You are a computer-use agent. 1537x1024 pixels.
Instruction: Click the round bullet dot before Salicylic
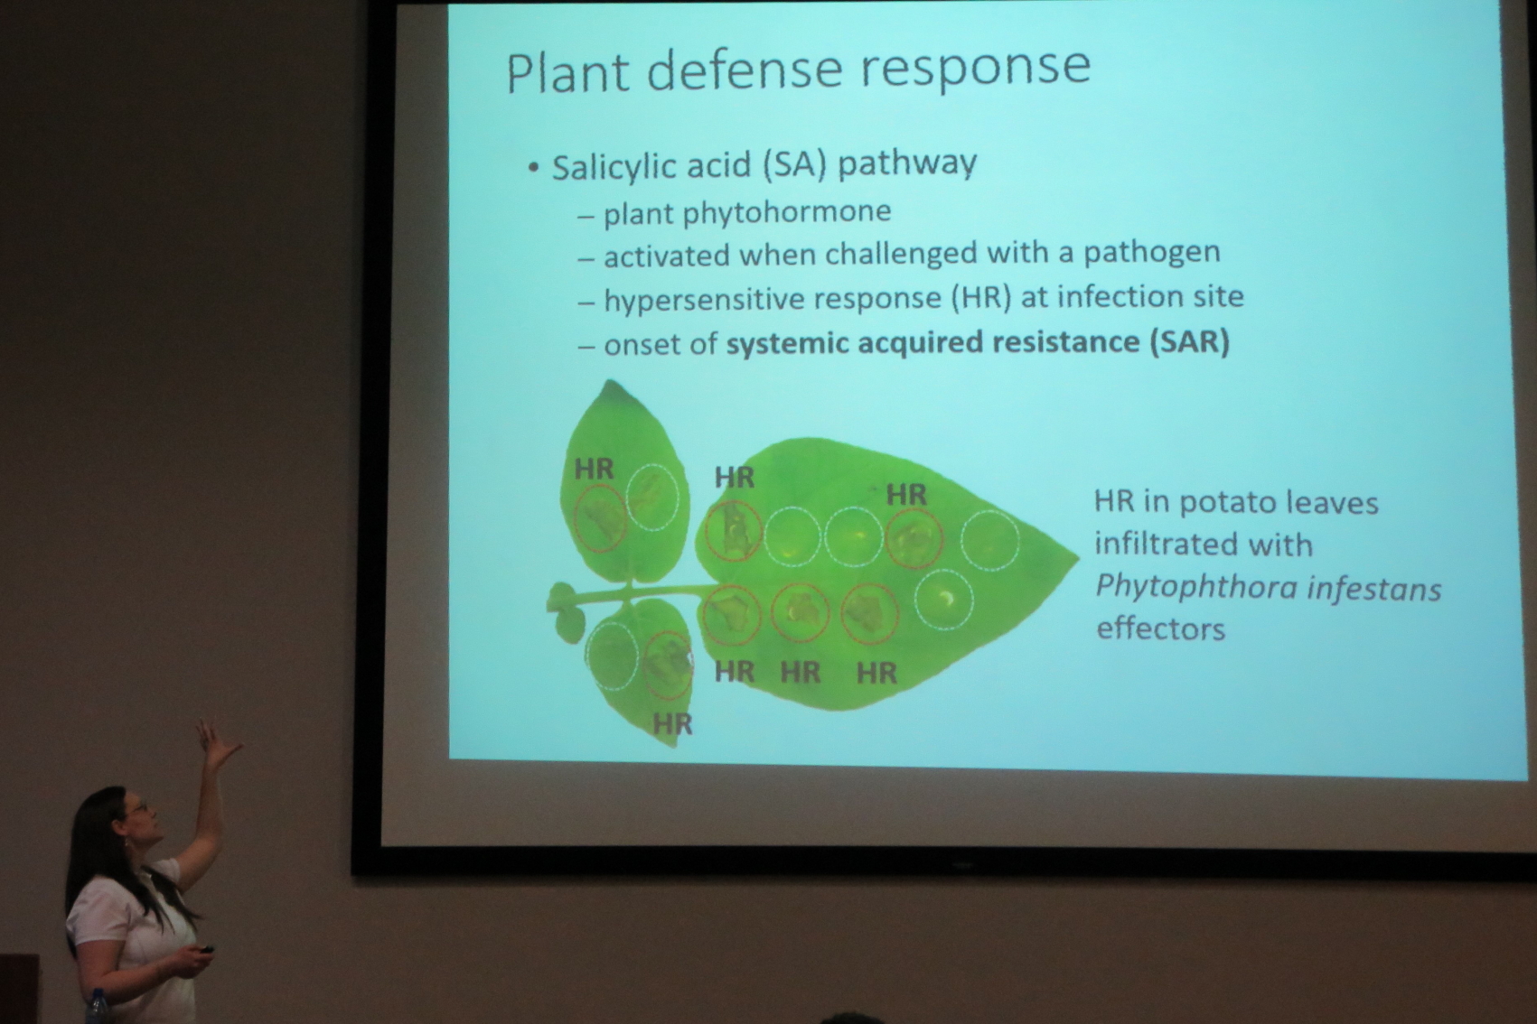point(534,169)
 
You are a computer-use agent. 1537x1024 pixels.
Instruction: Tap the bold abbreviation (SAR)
point(1191,340)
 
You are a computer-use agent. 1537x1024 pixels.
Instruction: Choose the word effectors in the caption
point(1161,629)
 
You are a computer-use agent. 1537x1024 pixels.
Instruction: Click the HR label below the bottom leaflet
point(672,723)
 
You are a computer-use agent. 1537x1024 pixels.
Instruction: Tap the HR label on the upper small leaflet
point(595,470)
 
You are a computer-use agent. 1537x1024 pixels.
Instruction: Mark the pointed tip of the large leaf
point(1077,559)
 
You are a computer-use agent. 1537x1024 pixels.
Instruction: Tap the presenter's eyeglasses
point(137,809)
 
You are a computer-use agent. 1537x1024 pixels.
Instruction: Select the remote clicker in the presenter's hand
point(204,951)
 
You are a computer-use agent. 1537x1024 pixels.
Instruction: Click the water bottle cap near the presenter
point(97,993)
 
